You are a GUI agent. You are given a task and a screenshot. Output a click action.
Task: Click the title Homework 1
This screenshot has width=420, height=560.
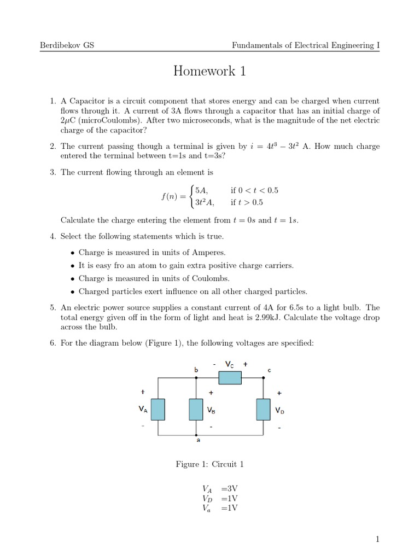[x=209, y=71]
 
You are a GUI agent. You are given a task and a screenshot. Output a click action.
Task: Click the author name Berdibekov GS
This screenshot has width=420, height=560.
[x=67, y=45]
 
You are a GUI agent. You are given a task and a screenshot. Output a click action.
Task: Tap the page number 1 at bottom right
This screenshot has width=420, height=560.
[x=377, y=540]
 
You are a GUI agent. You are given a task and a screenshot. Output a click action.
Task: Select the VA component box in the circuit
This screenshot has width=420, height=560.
[x=158, y=409]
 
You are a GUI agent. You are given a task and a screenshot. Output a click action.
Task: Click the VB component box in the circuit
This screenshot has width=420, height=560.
[x=196, y=409]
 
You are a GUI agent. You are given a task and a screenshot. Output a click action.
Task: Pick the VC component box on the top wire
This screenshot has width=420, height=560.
[x=230, y=377]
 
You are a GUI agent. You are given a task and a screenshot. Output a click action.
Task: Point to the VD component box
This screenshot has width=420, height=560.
[x=264, y=409]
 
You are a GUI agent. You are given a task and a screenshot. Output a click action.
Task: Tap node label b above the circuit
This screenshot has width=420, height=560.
[x=196, y=370]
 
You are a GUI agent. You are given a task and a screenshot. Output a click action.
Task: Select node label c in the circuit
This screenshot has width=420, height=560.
[x=269, y=370]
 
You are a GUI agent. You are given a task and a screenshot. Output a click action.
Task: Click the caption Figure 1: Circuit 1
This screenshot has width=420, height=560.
[x=209, y=464]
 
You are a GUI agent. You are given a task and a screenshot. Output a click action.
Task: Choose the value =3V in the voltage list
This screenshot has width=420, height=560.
[x=229, y=489]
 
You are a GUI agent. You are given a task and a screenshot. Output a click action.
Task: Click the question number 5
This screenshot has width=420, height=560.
[x=52, y=308]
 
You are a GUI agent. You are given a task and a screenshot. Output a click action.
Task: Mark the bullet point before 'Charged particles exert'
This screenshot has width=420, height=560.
[x=73, y=291]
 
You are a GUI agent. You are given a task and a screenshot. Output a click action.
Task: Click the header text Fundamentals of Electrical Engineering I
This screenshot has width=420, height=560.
[x=306, y=45]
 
